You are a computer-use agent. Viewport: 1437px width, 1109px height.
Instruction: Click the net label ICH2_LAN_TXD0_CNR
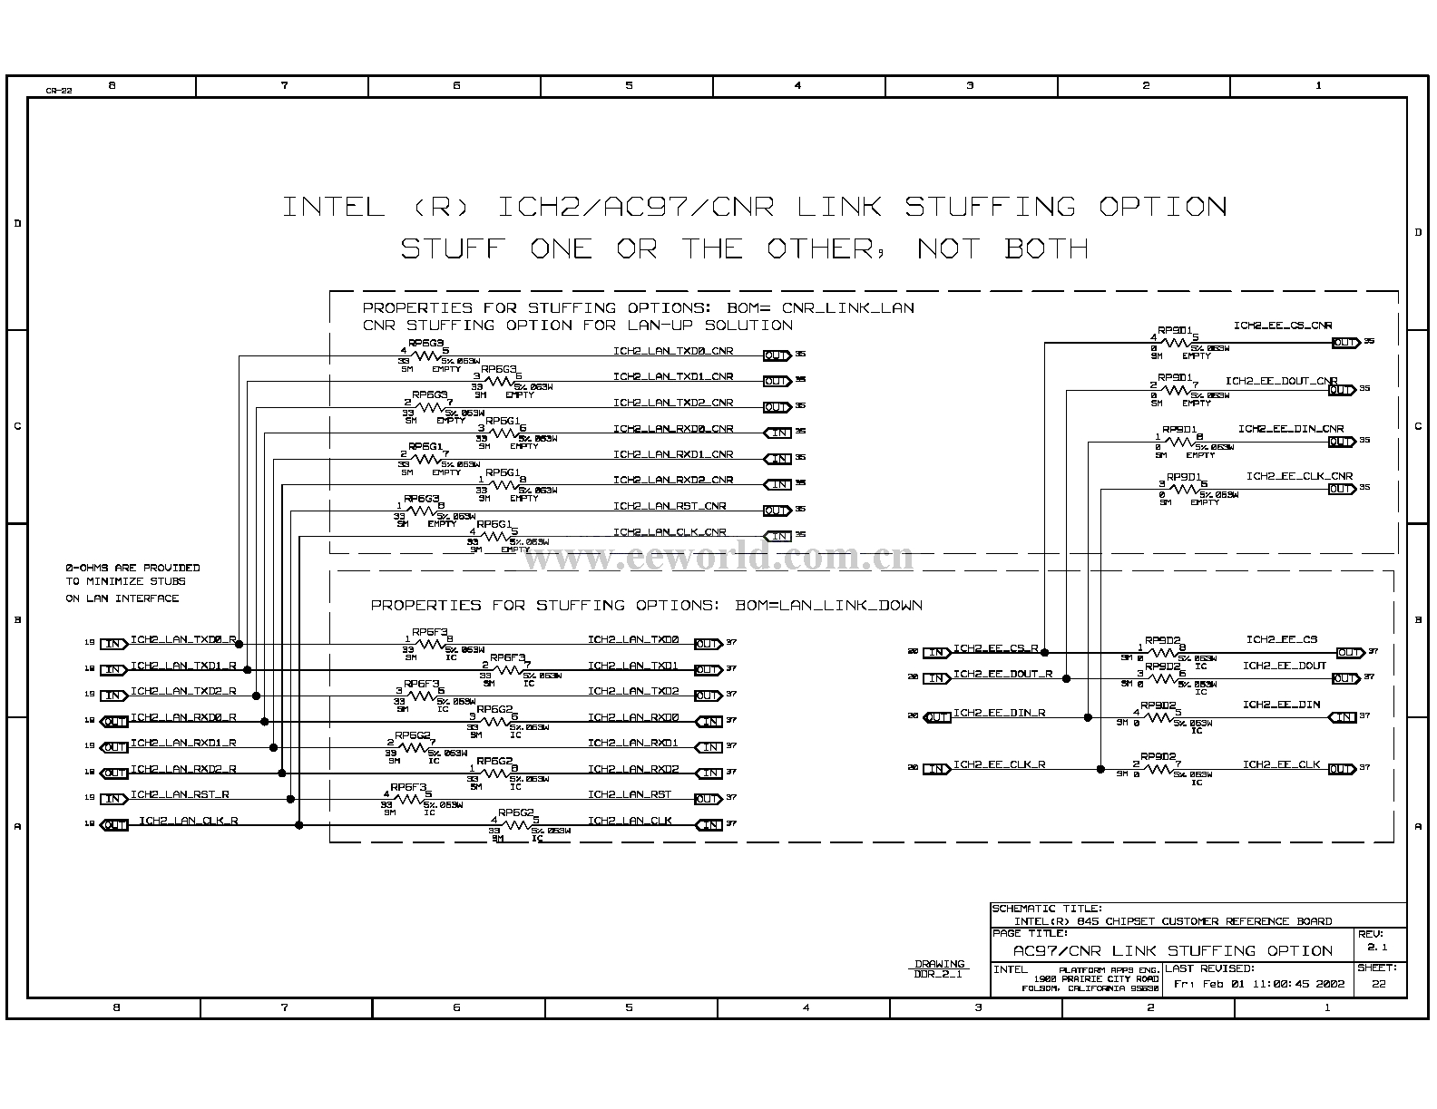[672, 351]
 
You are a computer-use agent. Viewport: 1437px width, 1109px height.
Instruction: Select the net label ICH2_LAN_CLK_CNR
[669, 532]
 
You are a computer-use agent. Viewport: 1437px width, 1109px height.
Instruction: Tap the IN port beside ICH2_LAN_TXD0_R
[113, 644]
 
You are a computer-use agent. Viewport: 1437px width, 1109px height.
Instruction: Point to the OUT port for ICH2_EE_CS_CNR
[1344, 343]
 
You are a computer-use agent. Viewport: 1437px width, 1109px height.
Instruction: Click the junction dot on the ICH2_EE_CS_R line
[1045, 652]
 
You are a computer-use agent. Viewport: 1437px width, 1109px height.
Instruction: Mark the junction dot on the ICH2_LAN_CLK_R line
[299, 825]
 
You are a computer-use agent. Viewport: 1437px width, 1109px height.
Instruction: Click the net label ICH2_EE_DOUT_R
[1002, 674]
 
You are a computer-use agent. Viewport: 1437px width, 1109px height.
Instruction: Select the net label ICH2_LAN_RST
[629, 794]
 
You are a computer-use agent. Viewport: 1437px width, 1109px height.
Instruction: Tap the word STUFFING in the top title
[989, 207]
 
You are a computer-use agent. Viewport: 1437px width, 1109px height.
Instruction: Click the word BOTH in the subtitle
[1046, 248]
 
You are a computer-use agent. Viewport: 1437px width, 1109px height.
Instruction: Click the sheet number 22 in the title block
[1378, 984]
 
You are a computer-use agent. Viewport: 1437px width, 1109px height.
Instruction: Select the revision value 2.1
[1377, 948]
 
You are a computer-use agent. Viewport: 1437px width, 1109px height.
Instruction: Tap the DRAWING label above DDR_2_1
[940, 964]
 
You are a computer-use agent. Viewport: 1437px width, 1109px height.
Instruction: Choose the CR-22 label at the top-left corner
[59, 91]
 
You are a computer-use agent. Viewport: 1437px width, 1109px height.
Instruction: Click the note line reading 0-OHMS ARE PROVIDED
[132, 568]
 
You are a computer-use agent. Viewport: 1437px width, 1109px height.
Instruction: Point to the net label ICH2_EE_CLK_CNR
[1298, 476]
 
